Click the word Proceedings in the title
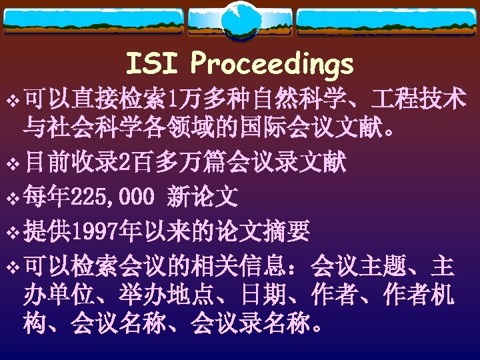pyautogui.click(x=271, y=65)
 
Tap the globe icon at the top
pyautogui.click(x=239, y=21)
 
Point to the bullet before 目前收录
pyautogui.click(x=12, y=163)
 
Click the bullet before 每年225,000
pyautogui.click(x=12, y=197)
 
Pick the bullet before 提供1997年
pyautogui.click(x=12, y=232)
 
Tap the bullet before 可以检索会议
pyautogui.click(x=12, y=267)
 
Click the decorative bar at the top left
pyautogui.click(x=93, y=20)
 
